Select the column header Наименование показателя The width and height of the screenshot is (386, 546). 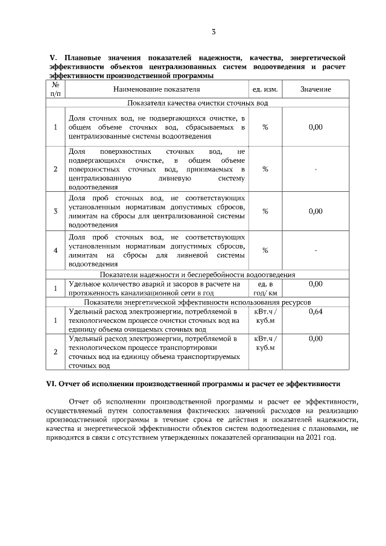(x=156, y=89)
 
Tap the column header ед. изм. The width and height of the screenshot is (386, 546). (x=265, y=89)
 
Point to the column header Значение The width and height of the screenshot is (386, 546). (x=315, y=89)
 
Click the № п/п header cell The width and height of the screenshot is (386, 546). (x=55, y=89)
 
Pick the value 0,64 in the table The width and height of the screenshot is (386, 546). (x=315, y=311)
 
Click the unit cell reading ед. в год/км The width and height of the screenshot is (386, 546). (x=265, y=288)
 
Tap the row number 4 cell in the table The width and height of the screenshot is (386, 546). (x=55, y=250)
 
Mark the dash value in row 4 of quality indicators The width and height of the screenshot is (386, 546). (x=315, y=250)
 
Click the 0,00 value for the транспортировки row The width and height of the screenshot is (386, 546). (x=315, y=339)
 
